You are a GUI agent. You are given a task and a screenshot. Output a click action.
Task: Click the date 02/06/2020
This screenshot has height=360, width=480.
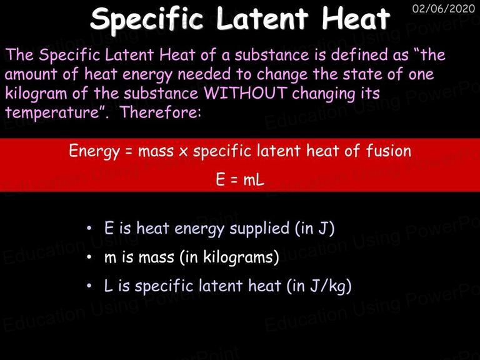click(x=444, y=8)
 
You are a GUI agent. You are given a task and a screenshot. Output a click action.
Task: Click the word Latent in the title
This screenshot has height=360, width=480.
click(x=262, y=18)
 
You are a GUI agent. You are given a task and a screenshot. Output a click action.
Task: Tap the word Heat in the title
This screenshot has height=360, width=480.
click(x=356, y=18)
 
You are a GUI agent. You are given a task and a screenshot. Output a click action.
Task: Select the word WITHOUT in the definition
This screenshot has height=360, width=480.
click(x=245, y=92)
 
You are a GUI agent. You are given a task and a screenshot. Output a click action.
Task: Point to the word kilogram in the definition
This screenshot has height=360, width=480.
click(x=36, y=94)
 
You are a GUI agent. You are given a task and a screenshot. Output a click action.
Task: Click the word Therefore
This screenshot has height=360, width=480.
click(x=161, y=112)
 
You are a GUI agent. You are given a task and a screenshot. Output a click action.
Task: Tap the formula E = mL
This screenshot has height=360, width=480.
click(x=240, y=179)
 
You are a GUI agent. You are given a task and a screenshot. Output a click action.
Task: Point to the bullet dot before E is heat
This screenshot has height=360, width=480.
click(x=89, y=228)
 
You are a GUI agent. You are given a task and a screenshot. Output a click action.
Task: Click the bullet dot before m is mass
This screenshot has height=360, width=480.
click(x=89, y=257)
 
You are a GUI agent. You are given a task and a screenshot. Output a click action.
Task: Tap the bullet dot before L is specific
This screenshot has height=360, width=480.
click(x=89, y=286)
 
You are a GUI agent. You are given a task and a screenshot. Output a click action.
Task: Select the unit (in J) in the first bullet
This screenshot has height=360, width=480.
click(x=314, y=229)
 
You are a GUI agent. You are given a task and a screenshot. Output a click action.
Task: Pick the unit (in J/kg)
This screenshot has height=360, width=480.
click(x=319, y=286)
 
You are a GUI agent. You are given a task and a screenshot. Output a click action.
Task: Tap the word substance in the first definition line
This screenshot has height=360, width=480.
click(x=272, y=55)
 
